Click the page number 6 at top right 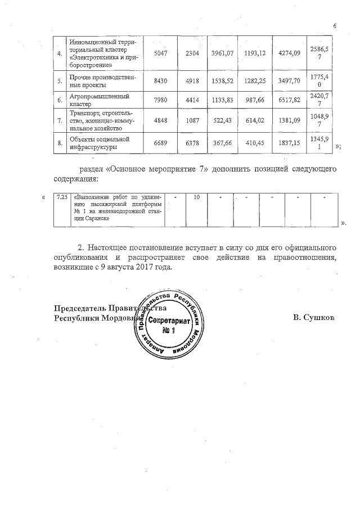pyautogui.click(x=334, y=26)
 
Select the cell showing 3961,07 pyautogui.click(x=223, y=53)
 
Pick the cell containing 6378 pyautogui.click(x=192, y=144)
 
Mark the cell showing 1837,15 pyautogui.click(x=290, y=144)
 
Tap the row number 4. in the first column pyautogui.click(x=60, y=53)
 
